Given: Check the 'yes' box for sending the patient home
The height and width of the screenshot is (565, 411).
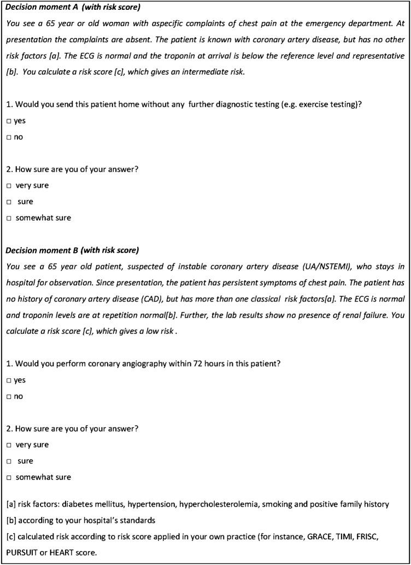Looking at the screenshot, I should tap(9, 120).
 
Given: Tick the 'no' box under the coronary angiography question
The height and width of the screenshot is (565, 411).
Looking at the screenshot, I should tap(9, 396).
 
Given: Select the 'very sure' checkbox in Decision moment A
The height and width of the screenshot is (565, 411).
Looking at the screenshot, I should tap(9, 185).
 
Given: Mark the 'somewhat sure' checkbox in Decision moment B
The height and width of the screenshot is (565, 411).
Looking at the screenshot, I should tap(9, 477).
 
